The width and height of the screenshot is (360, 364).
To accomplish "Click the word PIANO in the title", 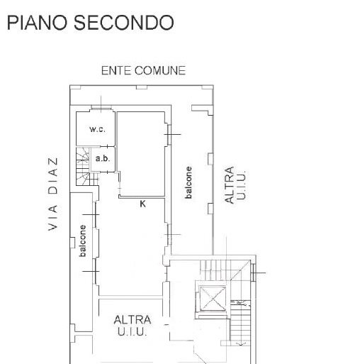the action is (x=37, y=23).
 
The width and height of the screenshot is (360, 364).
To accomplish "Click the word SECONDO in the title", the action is (x=124, y=23).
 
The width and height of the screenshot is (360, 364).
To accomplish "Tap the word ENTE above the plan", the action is (x=116, y=70).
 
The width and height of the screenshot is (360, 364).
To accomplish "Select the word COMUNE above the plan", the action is (x=160, y=70).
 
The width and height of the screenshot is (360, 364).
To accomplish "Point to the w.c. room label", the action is (x=97, y=129).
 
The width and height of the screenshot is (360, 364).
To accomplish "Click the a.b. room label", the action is (x=103, y=158).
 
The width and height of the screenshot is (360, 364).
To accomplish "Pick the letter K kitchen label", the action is (x=142, y=204).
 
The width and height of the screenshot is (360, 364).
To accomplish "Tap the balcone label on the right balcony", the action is (x=189, y=182).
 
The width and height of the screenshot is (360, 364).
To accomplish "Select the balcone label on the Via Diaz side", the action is (x=82, y=241).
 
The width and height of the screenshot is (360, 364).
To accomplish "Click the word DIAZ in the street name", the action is (x=53, y=176).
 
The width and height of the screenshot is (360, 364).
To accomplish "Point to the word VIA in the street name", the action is (x=53, y=218).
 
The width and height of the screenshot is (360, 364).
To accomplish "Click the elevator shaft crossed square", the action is (x=213, y=298).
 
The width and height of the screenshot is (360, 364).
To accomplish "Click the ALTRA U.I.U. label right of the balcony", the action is (x=235, y=185).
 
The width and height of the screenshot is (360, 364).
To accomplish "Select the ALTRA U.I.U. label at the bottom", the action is (x=133, y=326).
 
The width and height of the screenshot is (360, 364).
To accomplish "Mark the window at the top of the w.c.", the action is (x=101, y=108).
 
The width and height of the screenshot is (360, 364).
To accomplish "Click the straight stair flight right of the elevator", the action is (x=240, y=323).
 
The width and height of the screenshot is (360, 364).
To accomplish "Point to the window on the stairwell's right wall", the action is (x=253, y=272).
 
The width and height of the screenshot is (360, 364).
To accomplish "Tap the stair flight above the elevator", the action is (x=214, y=270).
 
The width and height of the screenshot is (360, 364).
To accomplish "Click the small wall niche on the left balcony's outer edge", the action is (x=73, y=243).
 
